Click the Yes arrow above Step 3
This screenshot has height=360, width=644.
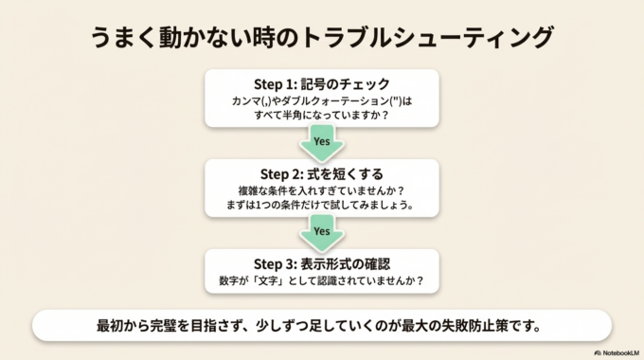click(321, 230)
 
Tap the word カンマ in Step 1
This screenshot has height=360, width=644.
click(248, 99)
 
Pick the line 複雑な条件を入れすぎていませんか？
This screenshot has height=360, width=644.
click(321, 189)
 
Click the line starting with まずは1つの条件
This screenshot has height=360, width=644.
click(321, 205)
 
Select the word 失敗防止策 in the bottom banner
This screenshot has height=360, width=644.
click(474, 326)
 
